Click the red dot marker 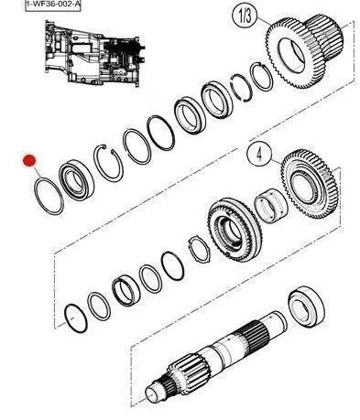pyautogui.click(x=29, y=160)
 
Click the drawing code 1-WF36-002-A pyautogui.click(x=53, y=5)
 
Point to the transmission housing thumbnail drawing pyautogui.click(x=95, y=53)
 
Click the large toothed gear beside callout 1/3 pyautogui.click(x=293, y=53)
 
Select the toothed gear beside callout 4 pyautogui.click(x=309, y=184)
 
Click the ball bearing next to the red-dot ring pyautogui.click(x=77, y=180)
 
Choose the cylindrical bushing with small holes pyautogui.click(x=271, y=205)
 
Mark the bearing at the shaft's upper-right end pyautogui.click(x=306, y=307)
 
